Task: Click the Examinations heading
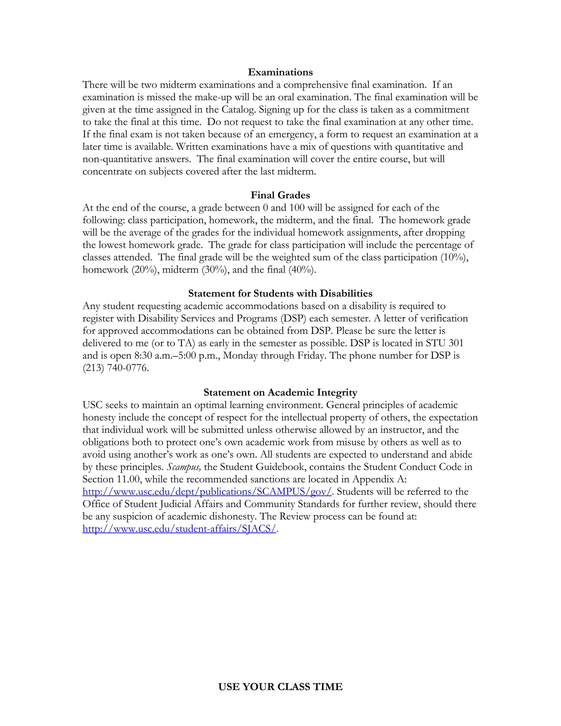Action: click(x=280, y=72)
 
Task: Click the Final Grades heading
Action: click(x=280, y=195)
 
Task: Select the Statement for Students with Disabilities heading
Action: click(x=280, y=293)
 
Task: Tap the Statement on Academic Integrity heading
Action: click(x=280, y=392)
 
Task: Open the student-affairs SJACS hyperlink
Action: click(x=179, y=528)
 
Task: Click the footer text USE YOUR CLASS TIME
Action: click(x=280, y=687)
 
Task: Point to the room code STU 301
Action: click(x=444, y=343)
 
